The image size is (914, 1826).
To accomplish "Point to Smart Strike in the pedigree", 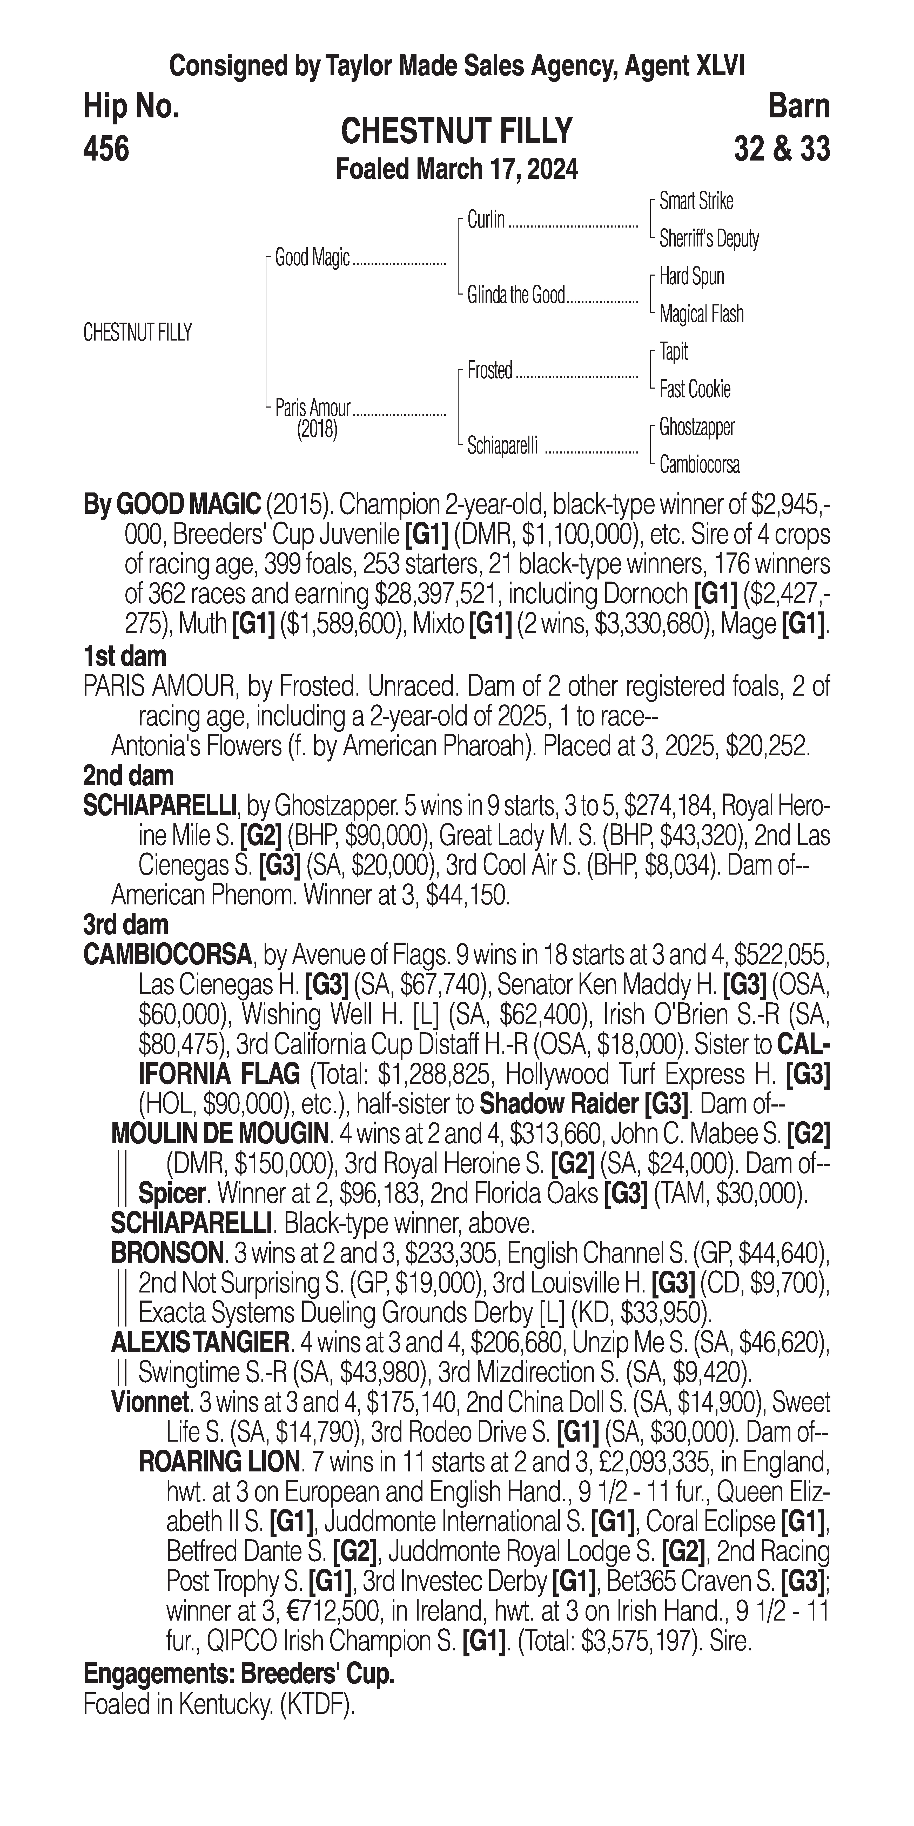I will pyautogui.click(x=696, y=201).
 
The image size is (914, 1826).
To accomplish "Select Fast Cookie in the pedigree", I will pyautogui.click(x=694, y=389).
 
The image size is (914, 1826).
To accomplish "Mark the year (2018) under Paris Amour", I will pyautogui.click(x=317, y=430).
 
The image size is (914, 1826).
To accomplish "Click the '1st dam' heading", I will pyautogui.click(x=125, y=656).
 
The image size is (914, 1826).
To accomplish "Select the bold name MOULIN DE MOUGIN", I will pyautogui.click(x=220, y=1134).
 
